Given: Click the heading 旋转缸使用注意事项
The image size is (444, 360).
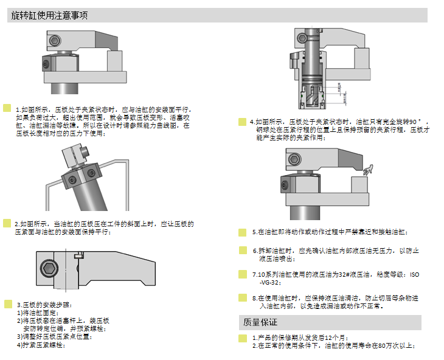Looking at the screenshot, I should (x=50, y=15).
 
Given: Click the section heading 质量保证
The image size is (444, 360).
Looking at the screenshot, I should (x=260, y=322).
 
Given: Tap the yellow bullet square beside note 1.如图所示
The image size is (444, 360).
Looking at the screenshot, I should (x=7, y=108).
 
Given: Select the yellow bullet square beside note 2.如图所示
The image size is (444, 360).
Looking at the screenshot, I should (x=7, y=223).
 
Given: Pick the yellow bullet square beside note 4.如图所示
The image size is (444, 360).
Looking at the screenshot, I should (x=243, y=122).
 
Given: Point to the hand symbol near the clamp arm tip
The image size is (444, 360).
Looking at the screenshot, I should (x=366, y=170).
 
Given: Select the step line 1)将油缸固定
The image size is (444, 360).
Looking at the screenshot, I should (x=36, y=313).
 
